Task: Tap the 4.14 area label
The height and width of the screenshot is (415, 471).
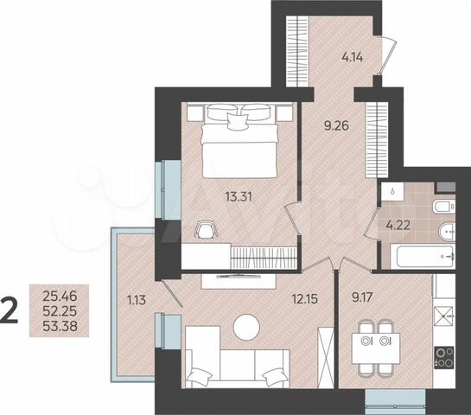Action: [x=354, y=60]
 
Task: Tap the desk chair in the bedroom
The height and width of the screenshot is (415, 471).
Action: [x=206, y=229]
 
